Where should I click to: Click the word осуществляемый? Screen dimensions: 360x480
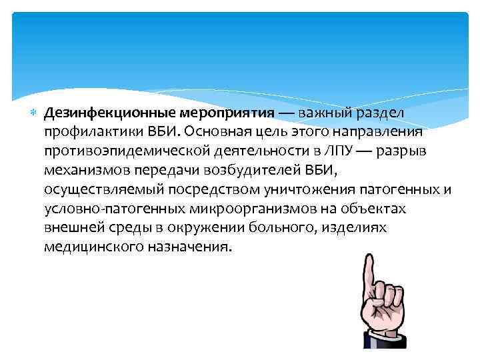[x=93, y=189]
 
